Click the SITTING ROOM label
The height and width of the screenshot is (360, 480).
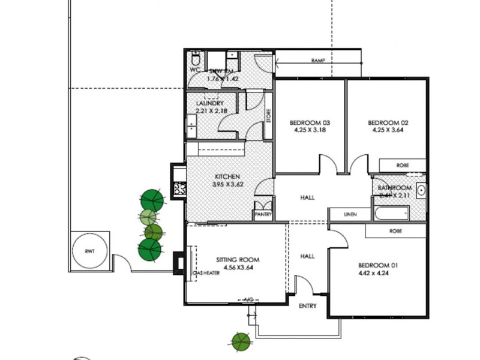click(x=238, y=260)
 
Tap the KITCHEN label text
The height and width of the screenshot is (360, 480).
click(x=227, y=177)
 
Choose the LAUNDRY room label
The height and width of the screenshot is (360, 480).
click(x=209, y=103)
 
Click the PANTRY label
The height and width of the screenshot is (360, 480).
click(x=263, y=214)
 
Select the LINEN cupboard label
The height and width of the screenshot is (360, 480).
click(x=350, y=214)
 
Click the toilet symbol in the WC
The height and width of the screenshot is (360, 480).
click(x=196, y=60)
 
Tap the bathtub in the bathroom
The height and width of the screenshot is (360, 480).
click(x=390, y=212)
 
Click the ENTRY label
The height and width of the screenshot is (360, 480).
click(x=307, y=306)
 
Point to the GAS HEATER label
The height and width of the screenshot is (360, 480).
click(x=206, y=273)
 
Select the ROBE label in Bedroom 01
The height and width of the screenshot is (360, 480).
click(x=395, y=231)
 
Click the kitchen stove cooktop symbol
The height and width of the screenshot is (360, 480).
click(x=179, y=190)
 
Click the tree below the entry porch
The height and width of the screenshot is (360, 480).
click(x=241, y=342)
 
